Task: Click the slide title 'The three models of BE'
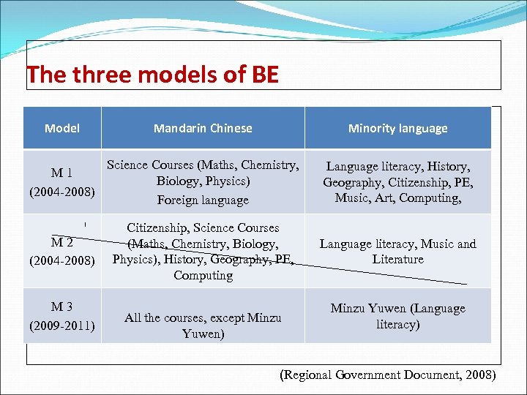click(x=152, y=75)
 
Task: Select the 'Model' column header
click(x=61, y=128)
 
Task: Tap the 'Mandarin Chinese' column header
click(x=203, y=128)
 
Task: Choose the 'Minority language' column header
click(x=397, y=128)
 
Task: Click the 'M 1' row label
click(x=61, y=173)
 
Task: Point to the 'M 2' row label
click(x=61, y=243)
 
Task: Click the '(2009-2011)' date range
click(x=61, y=325)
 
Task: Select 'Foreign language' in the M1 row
click(x=203, y=200)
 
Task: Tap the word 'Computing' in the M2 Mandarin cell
click(x=203, y=276)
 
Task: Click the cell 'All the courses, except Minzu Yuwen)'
click(x=203, y=326)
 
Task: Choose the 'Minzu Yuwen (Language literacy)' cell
click(x=397, y=316)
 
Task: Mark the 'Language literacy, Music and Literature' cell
click(x=397, y=252)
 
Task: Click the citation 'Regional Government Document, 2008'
click(x=388, y=375)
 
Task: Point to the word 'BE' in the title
click(x=265, y=75)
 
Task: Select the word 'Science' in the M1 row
click(x=128, y=165)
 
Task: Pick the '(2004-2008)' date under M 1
click(x=61, y=192)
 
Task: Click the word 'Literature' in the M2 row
click(x=397, y=260)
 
